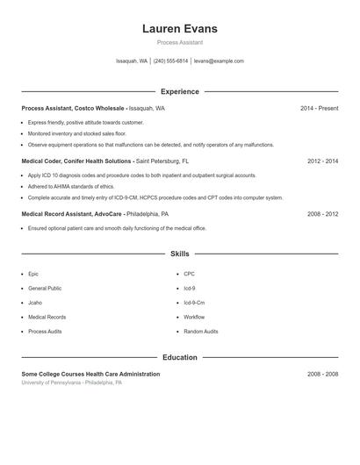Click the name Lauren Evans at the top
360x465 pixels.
(x=179, y=29)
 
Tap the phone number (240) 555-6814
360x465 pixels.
(x=170, y=61)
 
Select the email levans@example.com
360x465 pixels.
(x=219, y=61)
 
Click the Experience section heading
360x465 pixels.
(x=179, y=91)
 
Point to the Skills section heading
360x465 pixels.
(x=179, y=254)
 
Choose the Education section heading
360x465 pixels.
(x=179, y=357)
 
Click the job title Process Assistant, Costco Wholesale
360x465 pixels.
(x=74, y=108)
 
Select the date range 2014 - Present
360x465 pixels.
(x=319, y=108)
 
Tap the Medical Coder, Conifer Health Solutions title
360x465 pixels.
(x=76, y=161)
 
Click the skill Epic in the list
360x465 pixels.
(x=33, y=274)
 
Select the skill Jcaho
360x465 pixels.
(x=35, y=303)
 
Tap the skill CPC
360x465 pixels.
(x=189, y=274)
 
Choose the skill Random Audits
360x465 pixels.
(x=201, y=332)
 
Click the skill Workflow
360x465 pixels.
(x=194, y=317)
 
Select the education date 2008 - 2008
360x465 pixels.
(x=322, y=374)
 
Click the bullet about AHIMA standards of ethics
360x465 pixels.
(x=71, y=187)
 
